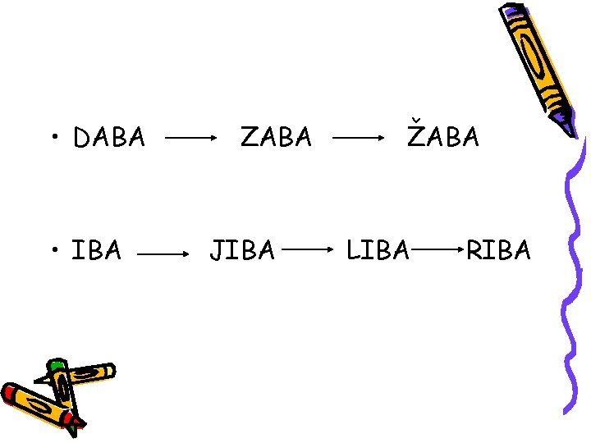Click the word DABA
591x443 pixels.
tap(109, 138)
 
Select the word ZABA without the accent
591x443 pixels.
tap(276, 137)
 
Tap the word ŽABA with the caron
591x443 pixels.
tap(444, 137)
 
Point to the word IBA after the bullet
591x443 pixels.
tap(97, 249)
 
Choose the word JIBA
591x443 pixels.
tap(242, 249)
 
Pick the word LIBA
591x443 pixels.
tap(378, 249)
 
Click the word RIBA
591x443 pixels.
tap(498, 249)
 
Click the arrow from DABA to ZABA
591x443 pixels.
tap(191, 139)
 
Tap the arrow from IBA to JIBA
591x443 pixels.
tap(163, 254)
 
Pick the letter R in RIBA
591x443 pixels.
tap(474, 249)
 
